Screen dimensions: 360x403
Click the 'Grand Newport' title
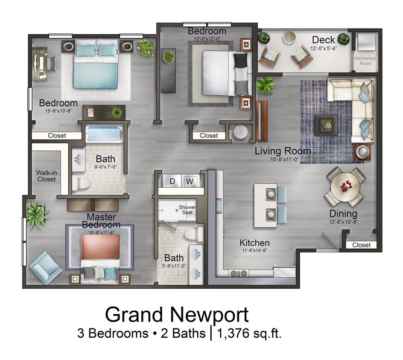[177, 315]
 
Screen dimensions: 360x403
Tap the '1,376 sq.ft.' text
[250, 333]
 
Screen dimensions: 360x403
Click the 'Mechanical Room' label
[365, 61]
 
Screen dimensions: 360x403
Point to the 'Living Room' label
[283, 151]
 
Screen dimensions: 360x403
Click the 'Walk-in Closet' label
[46, 176]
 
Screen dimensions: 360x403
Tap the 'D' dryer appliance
[172, 181]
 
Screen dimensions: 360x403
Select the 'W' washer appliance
[190, 181]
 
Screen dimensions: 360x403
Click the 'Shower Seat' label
[187, 209]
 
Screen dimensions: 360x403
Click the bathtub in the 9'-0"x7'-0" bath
[104, 134]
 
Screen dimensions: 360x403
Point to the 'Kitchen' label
[254, 243]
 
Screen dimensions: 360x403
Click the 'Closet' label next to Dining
[361, 245]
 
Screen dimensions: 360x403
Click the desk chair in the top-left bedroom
[51, 64]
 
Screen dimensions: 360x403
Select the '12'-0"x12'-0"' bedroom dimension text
[207, 38]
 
